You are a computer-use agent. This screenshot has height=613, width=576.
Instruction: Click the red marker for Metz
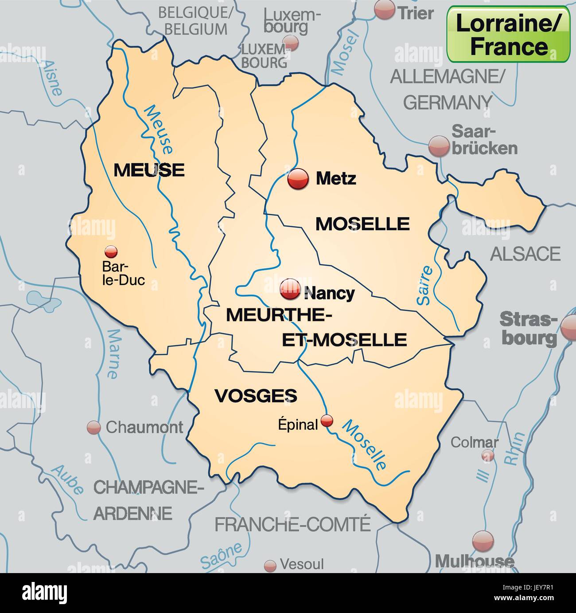[298, 179]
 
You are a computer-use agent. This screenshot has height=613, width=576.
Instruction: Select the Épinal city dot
[327, 420]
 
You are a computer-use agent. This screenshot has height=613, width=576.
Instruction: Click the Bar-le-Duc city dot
[111, 252]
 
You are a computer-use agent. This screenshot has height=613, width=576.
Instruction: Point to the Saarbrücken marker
[439, 146]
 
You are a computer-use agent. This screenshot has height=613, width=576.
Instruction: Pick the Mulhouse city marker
[483, 541]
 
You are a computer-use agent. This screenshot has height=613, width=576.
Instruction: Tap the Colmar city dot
[488, 455]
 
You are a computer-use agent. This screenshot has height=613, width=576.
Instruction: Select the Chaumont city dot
[93, 428]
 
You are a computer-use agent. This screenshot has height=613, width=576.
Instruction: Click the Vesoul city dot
[270, 566]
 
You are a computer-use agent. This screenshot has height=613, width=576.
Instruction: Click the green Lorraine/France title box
[508, 35]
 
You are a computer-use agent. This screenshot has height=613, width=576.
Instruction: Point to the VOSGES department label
[256, 395]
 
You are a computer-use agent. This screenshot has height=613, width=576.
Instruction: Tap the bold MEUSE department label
[149, 170]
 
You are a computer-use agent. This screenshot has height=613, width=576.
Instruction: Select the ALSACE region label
[525, 254]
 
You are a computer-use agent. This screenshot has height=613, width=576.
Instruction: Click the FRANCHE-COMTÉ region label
[292, 524]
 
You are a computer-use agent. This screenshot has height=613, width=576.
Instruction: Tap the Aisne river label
[52, 79]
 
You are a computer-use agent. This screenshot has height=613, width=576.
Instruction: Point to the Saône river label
[221, 555]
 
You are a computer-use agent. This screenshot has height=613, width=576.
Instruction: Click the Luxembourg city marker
[291, 43]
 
